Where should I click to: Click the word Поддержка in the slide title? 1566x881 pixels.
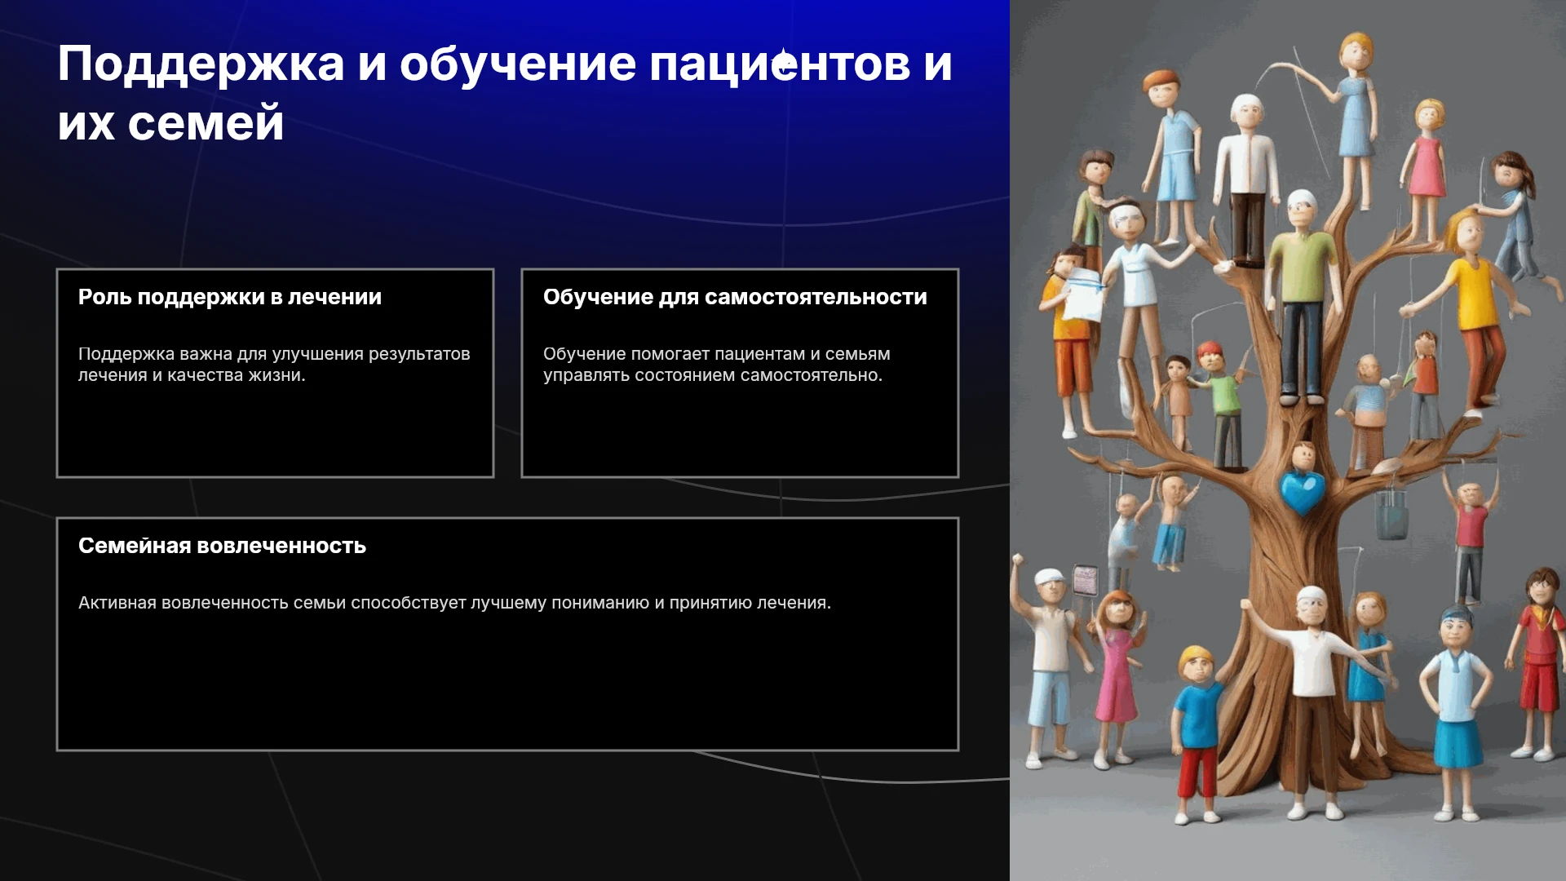pos(201,65)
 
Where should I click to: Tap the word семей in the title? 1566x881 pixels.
pos(206,124)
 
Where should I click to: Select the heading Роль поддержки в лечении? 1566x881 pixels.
pos(230,297)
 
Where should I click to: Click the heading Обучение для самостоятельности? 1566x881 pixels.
pos(735,297)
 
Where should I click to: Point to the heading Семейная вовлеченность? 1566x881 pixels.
pos(222,546)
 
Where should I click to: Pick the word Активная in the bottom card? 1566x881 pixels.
pos(117,603)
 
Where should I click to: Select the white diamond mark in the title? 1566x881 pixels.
pos(784,62)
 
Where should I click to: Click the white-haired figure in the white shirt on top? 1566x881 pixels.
pos(1245,179)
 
